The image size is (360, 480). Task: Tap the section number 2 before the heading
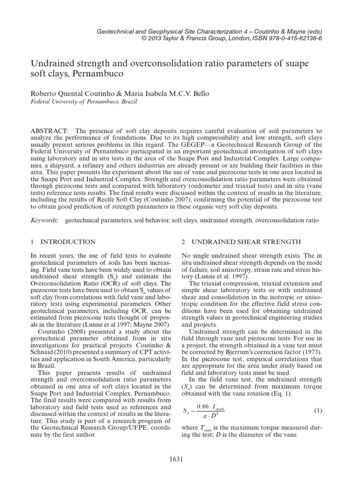pos(183,242)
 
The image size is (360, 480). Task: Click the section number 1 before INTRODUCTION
pos(33,242)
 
